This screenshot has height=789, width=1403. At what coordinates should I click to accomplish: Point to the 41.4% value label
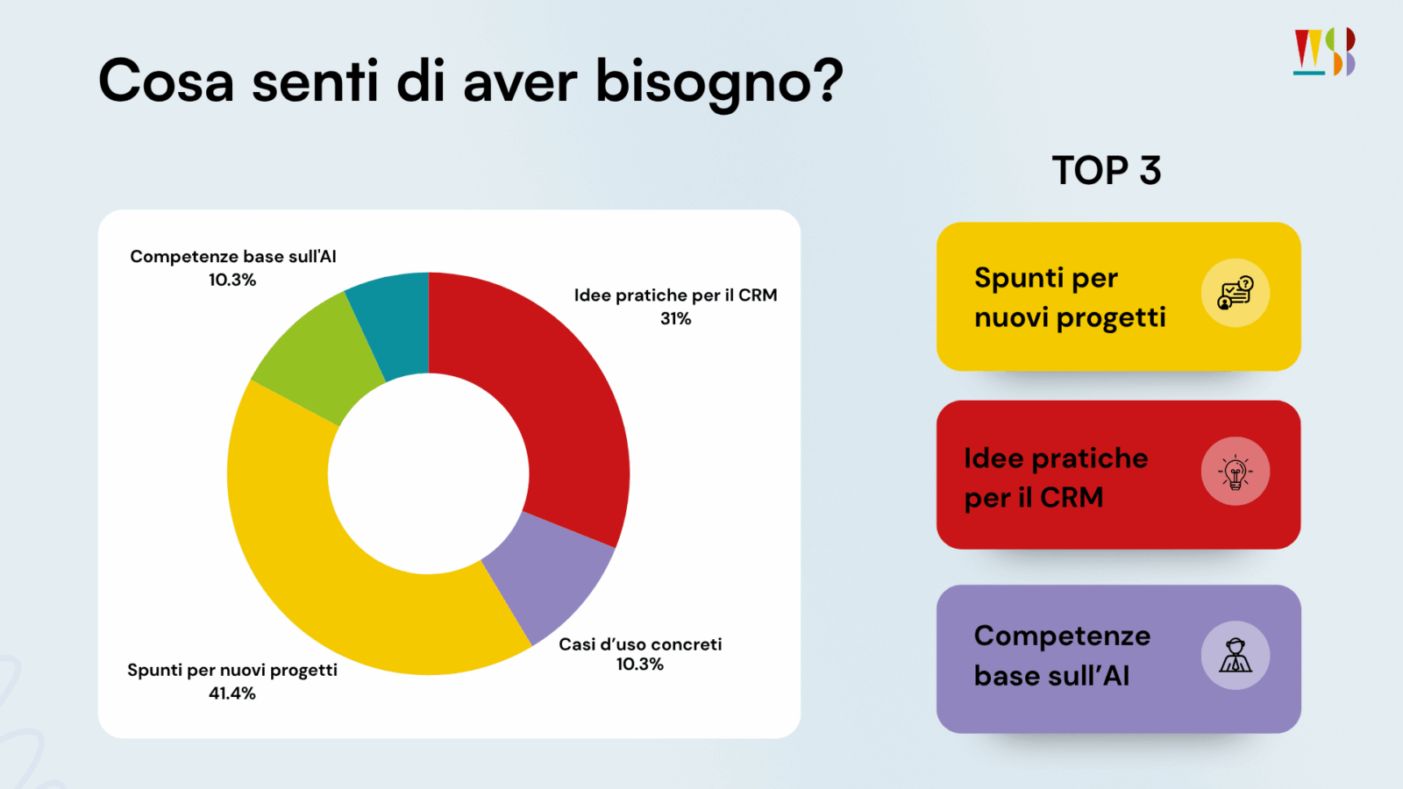(x=232, y=693)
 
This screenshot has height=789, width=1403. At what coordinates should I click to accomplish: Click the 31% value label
(x=675, y=319)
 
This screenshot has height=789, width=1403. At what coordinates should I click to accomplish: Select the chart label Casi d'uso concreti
(x=640, y=644)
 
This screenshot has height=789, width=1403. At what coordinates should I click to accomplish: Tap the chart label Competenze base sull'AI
(x=233, y=257)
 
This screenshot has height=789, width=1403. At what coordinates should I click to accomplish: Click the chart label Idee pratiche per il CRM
(x=675, y=295)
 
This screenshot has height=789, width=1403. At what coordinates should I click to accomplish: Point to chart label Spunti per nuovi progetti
(x=232, y=671)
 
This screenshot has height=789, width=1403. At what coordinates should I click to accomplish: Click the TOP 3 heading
(x=1107, y=171)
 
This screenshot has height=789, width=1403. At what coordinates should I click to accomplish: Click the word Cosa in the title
(x=167, y=82)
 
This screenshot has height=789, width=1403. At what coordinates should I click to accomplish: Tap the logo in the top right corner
(x=1324, y=52)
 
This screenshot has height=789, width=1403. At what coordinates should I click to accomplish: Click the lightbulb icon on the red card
(x=1235, y=472)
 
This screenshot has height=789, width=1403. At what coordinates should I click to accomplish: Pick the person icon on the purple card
(x=1235, y=656)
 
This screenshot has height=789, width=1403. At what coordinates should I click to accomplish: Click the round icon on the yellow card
(x=1235, y=293)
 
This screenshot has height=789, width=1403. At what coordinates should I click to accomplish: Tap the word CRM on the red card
(x=1072, y=498)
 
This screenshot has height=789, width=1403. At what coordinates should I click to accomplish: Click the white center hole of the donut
(x=428, y=473)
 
